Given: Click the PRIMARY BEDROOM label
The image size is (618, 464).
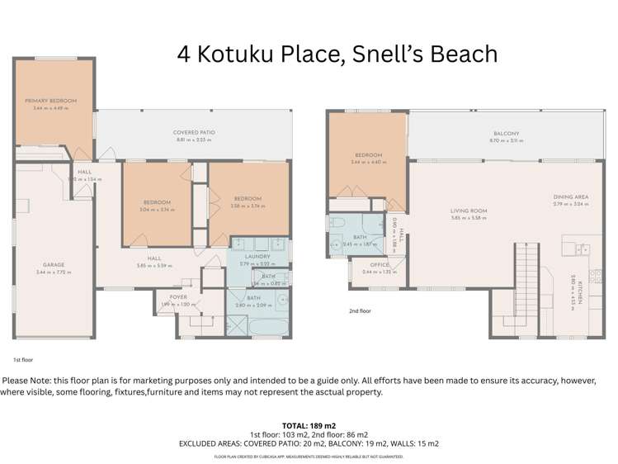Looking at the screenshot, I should tap(50, 101).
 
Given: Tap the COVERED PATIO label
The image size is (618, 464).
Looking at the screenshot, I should tap(194, 132).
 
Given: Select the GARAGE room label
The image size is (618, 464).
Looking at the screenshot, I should tap(50, 265).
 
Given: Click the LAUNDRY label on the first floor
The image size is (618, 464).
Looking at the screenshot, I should tap(251, 257).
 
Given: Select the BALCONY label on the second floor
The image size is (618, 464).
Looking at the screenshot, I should tap(506, 133).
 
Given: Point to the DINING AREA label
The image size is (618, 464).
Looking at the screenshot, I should tap(570, 196).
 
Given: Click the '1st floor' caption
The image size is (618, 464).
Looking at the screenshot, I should tap(21, 361).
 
